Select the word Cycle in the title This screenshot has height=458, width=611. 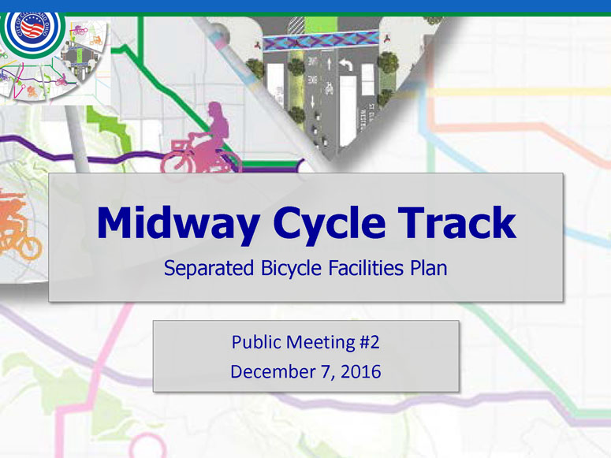(330, 223)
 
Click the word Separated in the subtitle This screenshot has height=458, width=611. (209, 268)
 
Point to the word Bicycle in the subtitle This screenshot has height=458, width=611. (292, 269)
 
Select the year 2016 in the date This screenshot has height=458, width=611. (361, 371)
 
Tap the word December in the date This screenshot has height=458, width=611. (272, 371)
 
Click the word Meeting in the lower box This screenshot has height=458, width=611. (321, 343)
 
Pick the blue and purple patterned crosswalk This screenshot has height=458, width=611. (321, 41)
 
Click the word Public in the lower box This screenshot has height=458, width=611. (256, 342)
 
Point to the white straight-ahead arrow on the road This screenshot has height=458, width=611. (329, 63)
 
